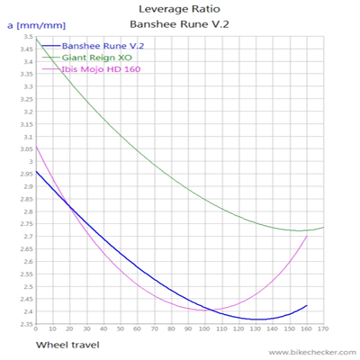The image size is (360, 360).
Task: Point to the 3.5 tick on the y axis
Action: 28,37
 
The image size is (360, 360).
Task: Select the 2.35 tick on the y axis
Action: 26,324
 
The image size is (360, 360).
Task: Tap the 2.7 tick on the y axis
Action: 28,237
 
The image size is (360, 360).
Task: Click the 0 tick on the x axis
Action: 36,330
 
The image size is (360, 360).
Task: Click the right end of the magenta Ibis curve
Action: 307,236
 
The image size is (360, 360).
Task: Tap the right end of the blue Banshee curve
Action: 307,305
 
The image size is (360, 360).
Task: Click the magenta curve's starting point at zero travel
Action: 36,145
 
